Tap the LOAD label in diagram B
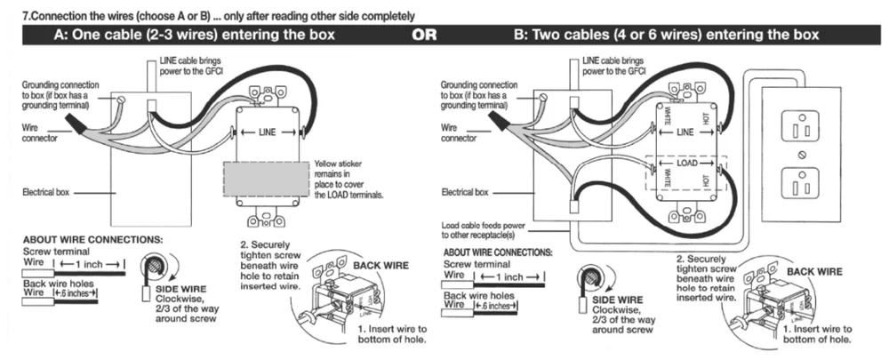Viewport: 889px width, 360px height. (685, 164)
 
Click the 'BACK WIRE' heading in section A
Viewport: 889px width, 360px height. (381, 266)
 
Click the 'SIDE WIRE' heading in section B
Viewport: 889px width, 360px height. (616, 300)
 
